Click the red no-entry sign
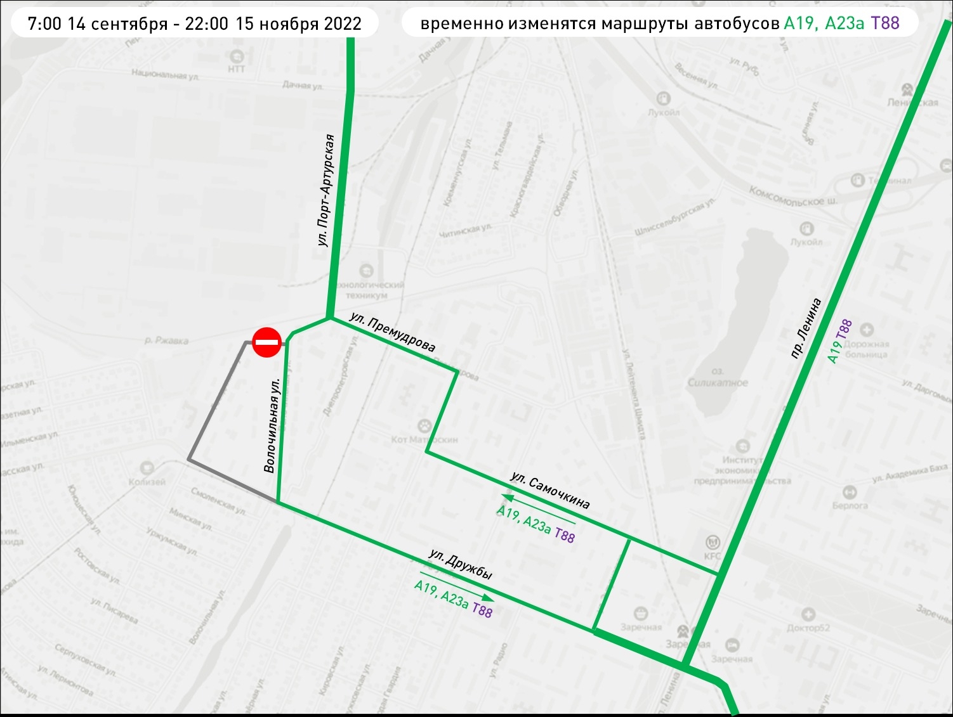tap(267, 342)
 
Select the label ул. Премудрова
tap(393, 332)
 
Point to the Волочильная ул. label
tap(271, 426)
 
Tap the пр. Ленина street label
tap(806, 328)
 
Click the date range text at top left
tap(195, 24)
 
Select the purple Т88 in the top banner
tap(885, 23)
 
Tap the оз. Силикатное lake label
tap(718, 378)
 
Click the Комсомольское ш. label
tap(793, 197)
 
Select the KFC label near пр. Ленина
tap(713, 556)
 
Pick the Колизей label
tap(147, 482)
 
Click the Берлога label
tap(850, 505)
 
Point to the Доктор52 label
tap(808, 628)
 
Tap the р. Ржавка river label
tap(166, 340)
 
